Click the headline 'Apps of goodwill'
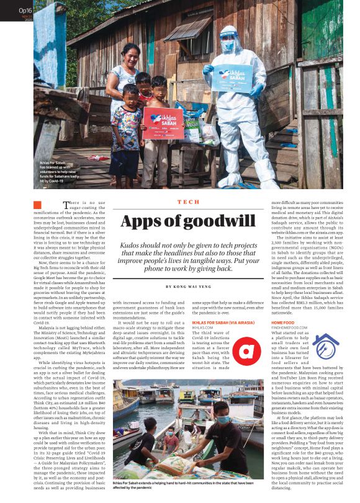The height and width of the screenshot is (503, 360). (x=188, y=221)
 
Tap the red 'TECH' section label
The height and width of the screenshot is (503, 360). (x=188, y=202)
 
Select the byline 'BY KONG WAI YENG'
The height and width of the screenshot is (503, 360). (x=188, y=287)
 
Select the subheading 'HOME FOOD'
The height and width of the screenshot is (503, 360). (x=282, y=323)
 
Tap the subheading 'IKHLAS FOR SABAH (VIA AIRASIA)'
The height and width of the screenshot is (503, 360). (x=223, y=323)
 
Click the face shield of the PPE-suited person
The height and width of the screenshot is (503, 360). (x=229, y=42)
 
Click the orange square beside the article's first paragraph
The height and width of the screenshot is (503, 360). (x=38, y=205)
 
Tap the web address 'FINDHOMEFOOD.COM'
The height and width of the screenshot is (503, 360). (x=289, y=328)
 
